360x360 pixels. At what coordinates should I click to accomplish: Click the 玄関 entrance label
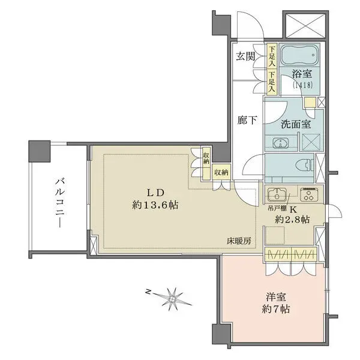coord(245,57)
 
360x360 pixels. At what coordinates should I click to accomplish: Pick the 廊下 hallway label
coord(245,120)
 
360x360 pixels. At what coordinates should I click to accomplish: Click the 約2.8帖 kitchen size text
coord(292,220)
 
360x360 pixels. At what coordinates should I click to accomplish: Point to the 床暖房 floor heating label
coord(238,240)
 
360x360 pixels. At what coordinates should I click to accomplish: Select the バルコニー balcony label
coord(60,199)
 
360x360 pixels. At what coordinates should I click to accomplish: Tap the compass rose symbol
coord(173,296)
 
